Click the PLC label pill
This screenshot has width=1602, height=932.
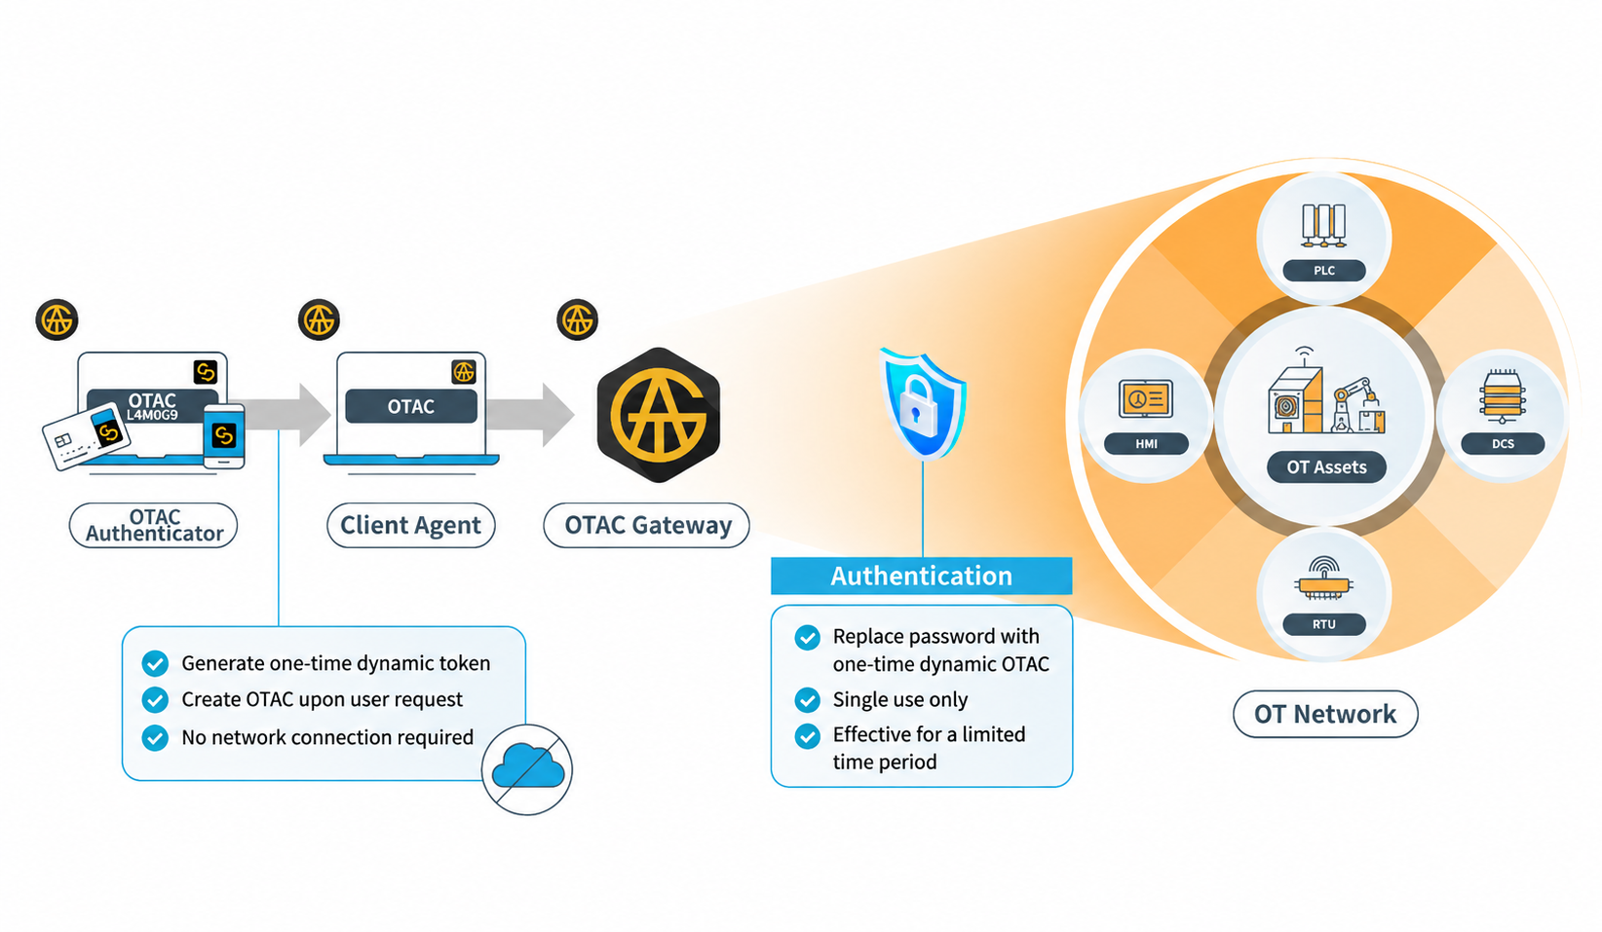click(x=1324, y=270)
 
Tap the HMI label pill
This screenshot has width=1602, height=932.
click(x=1146, y=444)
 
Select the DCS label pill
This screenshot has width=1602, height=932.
click(x=1503, y=444)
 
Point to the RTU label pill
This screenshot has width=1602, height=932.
click(x=1324, y=624)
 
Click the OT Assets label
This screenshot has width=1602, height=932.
click(x=1326, y=467)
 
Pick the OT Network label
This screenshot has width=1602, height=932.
click(x=1325, y=714)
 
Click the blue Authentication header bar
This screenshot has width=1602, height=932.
click(x=921, y=577)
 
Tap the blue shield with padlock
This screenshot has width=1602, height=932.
click(x=923, y=404)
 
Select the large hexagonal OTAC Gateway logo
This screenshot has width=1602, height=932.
click(x=659, y=415)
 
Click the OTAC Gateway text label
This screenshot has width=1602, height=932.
click(x=647, y=525)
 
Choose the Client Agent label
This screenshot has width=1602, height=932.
click(x=410, y=525)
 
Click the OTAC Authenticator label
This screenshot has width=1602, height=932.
click(x=154, y=525)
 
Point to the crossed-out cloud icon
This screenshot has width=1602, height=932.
click(x=528, y=769)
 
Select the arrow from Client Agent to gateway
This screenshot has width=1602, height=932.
click(x=530, y=415)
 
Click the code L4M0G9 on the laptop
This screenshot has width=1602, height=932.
click(x=152, y=415)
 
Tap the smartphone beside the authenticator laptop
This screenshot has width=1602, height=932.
click(x=224, y=436)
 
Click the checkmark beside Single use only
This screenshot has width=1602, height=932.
click(x=808, y=699)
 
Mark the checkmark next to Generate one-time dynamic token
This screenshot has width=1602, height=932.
click(x=155, y=663)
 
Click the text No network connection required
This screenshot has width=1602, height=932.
click(x=327, y=737)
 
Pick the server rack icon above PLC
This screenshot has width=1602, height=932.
click(x=1324, y=225)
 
